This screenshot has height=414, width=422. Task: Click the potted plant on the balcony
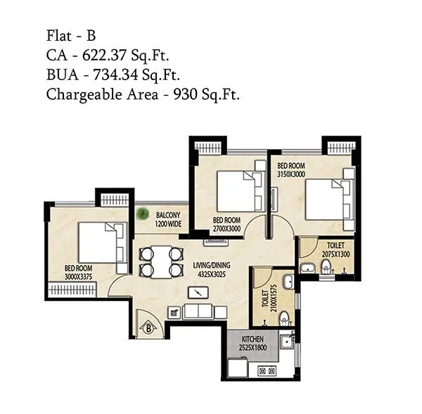(x=143, y=212)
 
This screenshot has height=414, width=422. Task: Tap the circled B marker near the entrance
(x=149, y=326)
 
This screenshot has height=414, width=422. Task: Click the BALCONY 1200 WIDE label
(x=169, y=219)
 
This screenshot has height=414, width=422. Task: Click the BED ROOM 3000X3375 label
(x=79, y=272)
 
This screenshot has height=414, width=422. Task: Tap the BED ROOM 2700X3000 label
(x=227, y=224)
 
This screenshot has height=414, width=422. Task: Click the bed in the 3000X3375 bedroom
(x=101, y=242)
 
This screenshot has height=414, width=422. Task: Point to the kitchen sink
(x=286, y=344)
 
